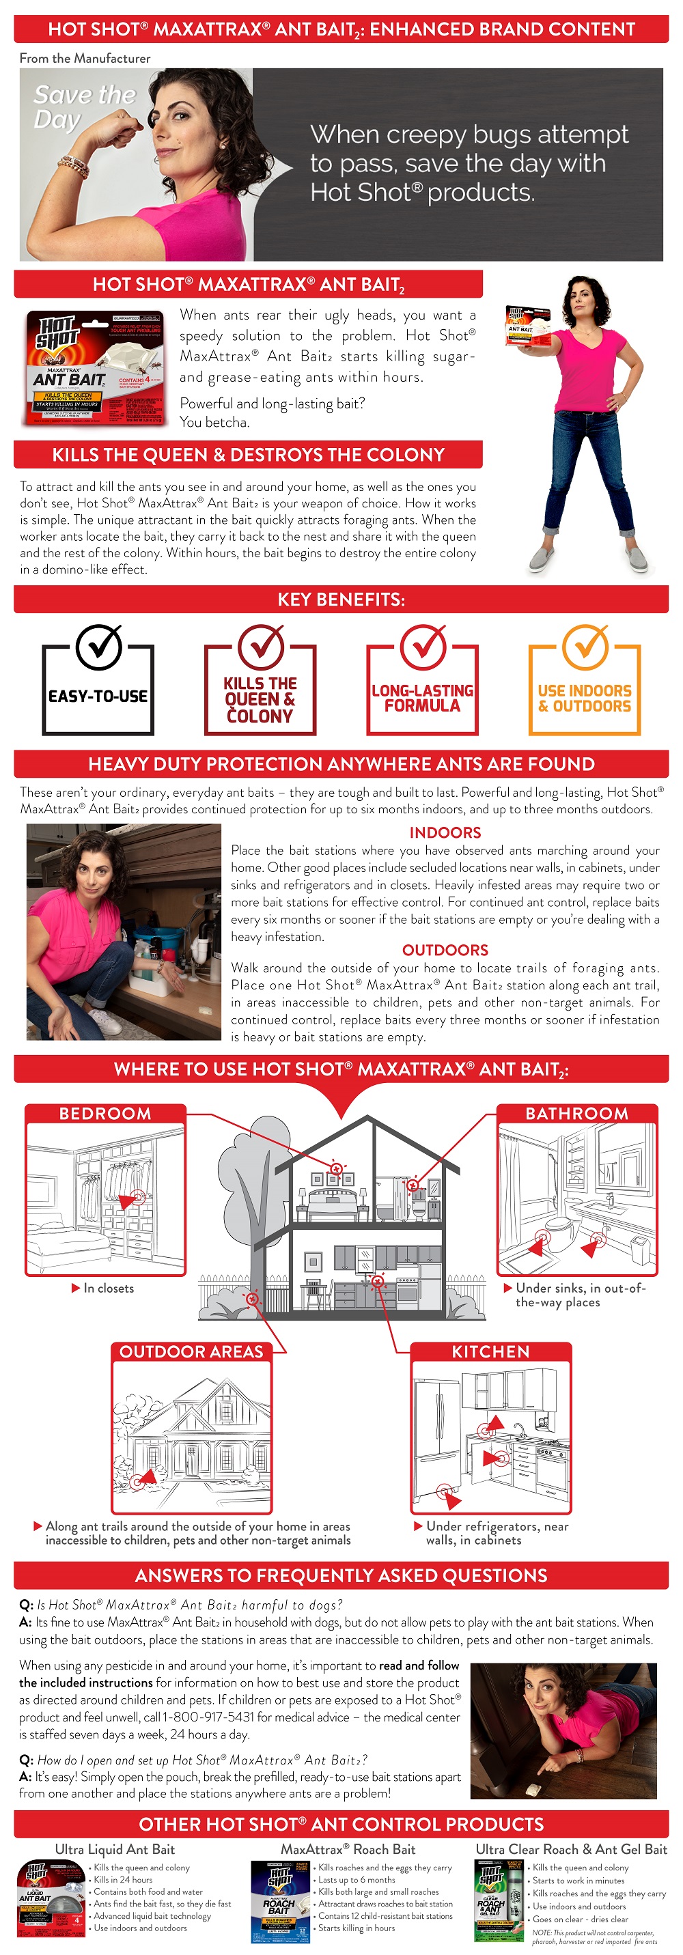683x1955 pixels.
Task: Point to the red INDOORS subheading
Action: (445, 832)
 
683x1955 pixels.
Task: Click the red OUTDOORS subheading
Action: (445, 950)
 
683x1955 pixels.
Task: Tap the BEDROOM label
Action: (105, 1113)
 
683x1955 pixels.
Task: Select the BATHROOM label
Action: (576, 1113)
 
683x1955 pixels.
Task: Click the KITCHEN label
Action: (490, 1351)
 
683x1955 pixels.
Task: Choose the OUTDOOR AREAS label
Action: (191, 1351)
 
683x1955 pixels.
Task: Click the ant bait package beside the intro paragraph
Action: (94, 367)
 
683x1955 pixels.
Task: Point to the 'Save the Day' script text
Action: (83, 107)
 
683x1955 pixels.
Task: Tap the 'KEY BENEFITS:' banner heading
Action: (341, 600)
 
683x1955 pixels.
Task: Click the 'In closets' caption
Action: (108, 1288)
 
